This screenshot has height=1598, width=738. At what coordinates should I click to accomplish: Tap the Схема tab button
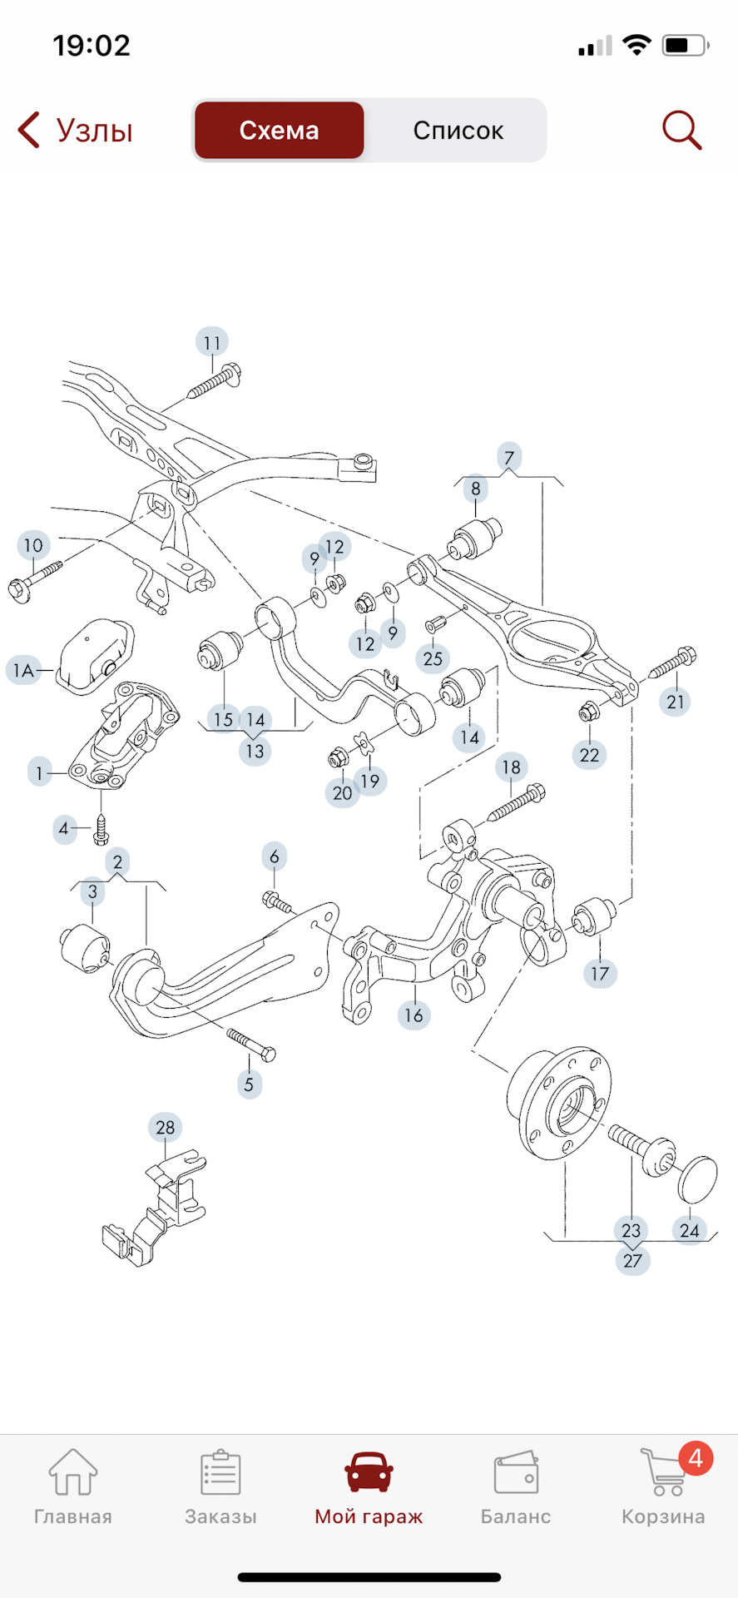point(279,131)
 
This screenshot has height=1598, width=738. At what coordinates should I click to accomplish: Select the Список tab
point(458,131)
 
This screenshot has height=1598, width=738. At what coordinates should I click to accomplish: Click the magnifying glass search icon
point(681,131)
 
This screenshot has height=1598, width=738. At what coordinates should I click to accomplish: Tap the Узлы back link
point(76,131)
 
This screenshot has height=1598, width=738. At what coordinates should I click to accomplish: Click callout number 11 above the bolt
point(212,342)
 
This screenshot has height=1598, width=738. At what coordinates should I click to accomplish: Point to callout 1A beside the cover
point(23,670)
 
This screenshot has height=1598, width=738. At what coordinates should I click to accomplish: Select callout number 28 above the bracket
point(166,1128)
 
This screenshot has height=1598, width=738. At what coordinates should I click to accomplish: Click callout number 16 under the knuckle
point(414,1015)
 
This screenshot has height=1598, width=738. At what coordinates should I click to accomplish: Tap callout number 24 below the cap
point(690,1230)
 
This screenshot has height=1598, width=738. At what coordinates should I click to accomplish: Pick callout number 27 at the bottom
point(632,1260)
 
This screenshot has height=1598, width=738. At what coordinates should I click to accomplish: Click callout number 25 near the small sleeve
point(433,658)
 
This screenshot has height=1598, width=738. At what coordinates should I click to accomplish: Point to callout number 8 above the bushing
point(475,489)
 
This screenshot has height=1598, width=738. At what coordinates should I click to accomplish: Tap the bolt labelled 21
point(673,663)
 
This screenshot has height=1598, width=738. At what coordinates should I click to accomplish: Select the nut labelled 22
point(587,712)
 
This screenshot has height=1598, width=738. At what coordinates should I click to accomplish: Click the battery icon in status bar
point(685,46)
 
